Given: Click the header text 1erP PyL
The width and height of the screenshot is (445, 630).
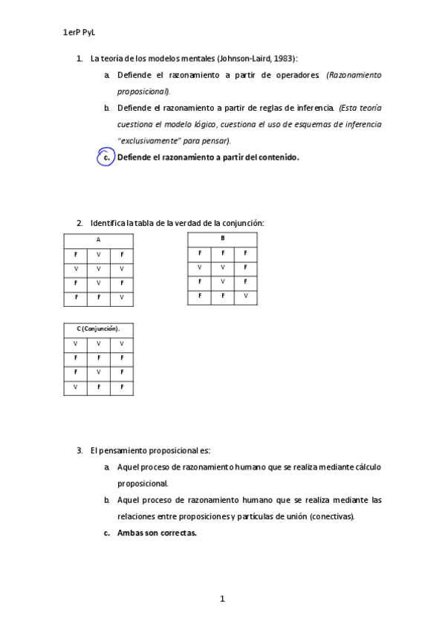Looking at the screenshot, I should [x=80, y=33].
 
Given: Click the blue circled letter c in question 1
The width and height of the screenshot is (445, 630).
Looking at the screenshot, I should [x=106, y=157].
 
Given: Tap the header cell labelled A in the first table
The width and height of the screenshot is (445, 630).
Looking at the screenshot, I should [x=98, y=239].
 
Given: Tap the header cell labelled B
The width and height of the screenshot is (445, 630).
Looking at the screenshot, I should [x=222, y=238].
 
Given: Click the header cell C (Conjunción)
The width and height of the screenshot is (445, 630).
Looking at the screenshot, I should [x=98, y=328].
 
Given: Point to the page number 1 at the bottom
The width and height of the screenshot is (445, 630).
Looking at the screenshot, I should [x=222, y=598].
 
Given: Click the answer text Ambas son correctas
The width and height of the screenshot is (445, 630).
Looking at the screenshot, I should [x=157, y=533].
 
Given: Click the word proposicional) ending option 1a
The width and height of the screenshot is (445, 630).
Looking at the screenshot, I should [x=144, y=91].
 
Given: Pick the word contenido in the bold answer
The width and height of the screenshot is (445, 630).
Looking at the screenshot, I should [x=276, y=157].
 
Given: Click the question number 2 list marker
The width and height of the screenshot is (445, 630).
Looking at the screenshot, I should [x=79, y=223].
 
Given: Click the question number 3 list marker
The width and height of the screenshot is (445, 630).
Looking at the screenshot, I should [x=79, y=450].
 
